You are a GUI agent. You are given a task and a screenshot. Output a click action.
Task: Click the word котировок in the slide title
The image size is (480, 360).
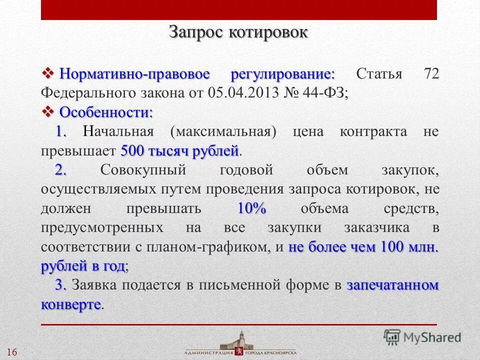point(268,32)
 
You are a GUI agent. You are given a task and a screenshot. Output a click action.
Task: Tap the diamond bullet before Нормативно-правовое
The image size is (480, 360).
point(48,74)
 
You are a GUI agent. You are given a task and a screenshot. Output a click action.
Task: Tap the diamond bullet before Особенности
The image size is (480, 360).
point(48,111)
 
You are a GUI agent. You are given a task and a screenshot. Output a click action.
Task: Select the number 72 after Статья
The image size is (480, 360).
point(431,74)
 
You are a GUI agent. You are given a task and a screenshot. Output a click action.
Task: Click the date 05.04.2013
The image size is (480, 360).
point(238,93)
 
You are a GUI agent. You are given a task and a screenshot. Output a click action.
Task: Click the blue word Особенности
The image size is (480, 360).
point(106,112)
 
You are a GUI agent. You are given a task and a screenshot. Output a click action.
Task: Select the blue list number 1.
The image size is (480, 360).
point(61,131)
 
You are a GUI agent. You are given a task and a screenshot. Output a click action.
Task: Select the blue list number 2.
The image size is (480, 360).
point(61,170)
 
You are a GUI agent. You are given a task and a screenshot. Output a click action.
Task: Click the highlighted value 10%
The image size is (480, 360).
point(251,208)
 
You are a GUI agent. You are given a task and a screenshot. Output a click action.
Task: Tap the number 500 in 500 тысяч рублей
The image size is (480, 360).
point(132,150)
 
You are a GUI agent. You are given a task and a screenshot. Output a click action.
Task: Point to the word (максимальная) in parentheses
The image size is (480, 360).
point(223,132)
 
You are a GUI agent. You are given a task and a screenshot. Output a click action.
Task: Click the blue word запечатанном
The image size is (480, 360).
point(392,285)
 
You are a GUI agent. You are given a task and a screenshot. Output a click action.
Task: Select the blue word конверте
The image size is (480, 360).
point(71,304)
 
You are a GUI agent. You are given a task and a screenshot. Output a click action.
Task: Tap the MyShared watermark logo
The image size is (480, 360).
point(422,337)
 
